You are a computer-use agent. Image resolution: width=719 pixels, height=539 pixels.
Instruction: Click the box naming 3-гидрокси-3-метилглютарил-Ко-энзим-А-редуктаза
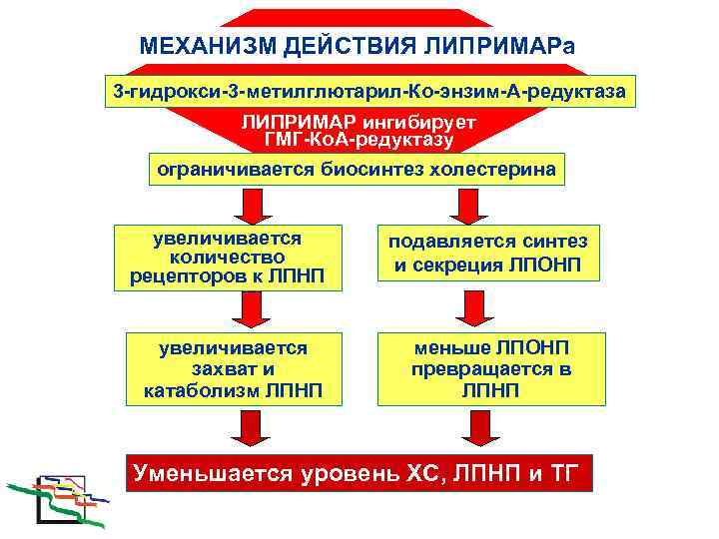tap(369, 92)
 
